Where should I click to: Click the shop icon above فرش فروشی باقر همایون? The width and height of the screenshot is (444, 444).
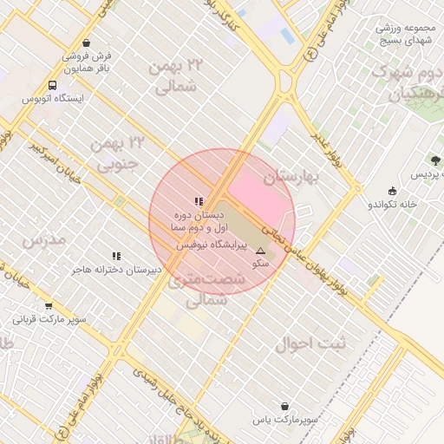tap(85, 42)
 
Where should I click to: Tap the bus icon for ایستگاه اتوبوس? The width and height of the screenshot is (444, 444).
tap(54, 86)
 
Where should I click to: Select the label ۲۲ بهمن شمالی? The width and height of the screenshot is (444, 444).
tap(179, 76)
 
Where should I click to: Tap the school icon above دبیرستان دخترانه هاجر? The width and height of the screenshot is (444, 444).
tap(117, 256)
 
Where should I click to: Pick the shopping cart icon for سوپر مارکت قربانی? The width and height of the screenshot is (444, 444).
tap(49, 305)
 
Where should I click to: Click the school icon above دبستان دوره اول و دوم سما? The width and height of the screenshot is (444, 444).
tap(199, 201)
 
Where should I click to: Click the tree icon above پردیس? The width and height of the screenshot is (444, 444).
tap(435, 160)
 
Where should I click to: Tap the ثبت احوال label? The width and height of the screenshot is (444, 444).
tap(310, 343)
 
